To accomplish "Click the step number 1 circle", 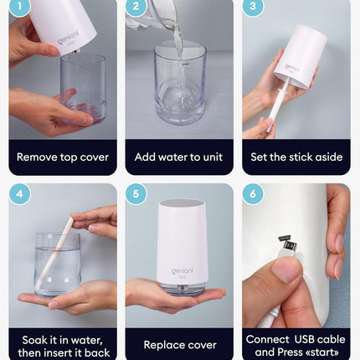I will pyautogui.click(x=19, y=8).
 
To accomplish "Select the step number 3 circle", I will pyautogui.click(x=253, y=8).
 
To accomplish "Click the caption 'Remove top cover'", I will pyautogui.click(x=63, y=157).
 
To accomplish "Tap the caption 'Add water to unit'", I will pyautogui.click(x=178, y=157).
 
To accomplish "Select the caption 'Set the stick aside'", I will pyautogui.click(x=296, y=157).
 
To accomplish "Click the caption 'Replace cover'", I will pyautogui.click(x=179, y=344).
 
